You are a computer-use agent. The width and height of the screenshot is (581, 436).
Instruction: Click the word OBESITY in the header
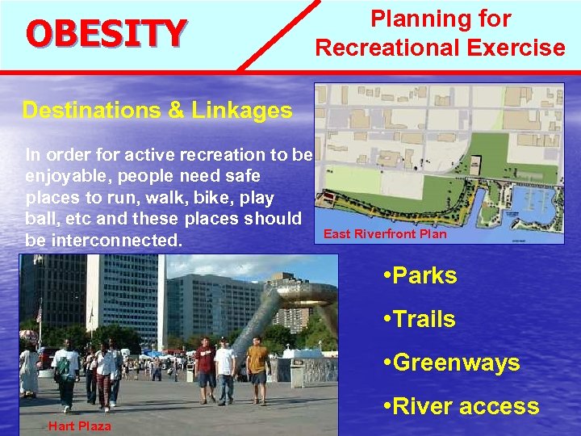point(106,33)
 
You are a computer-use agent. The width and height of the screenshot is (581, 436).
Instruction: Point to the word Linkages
point(240,111)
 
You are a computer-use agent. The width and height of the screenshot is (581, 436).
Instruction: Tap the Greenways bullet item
point(451,363)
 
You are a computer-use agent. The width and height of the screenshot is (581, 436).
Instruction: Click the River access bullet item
point(461,406)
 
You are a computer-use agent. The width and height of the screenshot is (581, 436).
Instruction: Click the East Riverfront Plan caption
point(384,234)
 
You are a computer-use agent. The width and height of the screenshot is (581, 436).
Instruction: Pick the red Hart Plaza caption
point(79,426)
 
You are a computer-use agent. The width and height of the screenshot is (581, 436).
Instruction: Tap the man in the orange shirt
point(257,368)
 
